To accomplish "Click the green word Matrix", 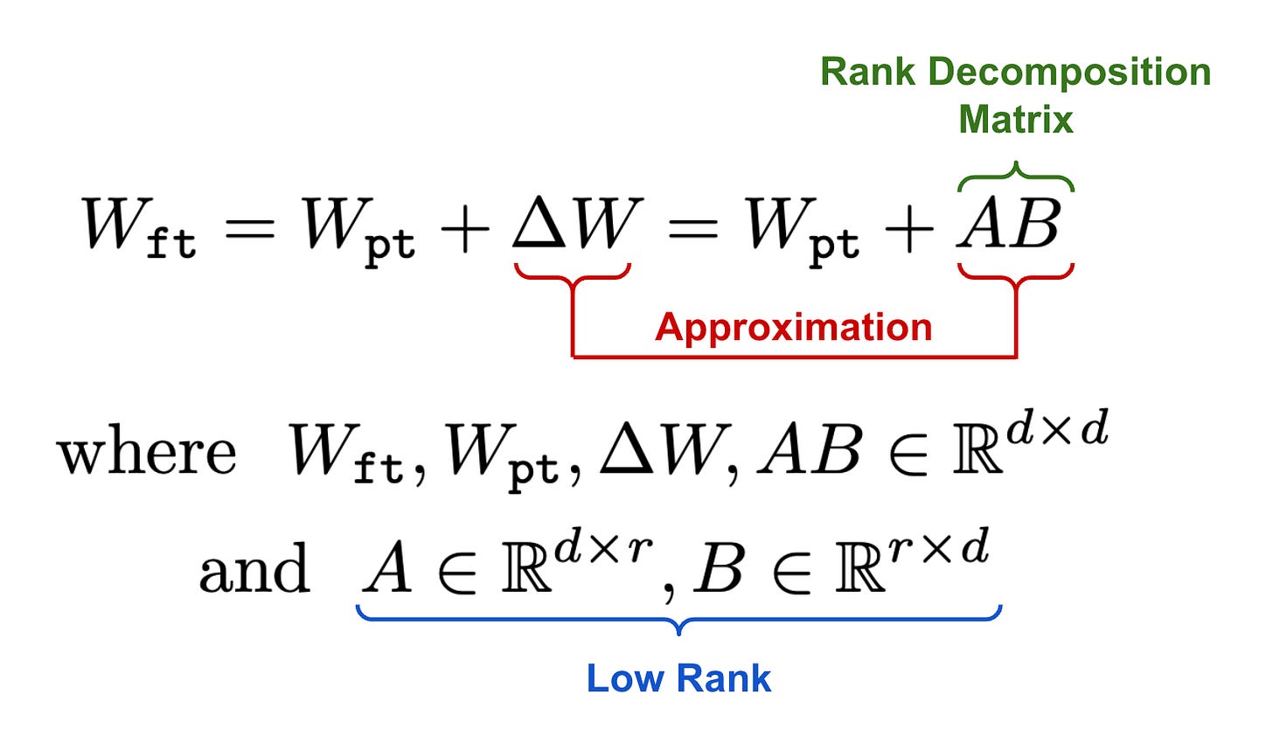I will point(1015,119).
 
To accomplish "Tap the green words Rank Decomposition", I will point(1015,72).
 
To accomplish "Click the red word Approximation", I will point(793,327).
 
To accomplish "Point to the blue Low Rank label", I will point(678,678).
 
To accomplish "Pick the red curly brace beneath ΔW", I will point(572,274).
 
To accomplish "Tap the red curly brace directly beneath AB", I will point(1015,274).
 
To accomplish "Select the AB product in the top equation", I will point(1010,225).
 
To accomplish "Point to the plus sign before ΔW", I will point(463,231).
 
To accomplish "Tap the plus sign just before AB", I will point(908,231).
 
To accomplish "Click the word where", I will point(147,453).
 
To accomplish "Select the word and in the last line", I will point(254,570).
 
